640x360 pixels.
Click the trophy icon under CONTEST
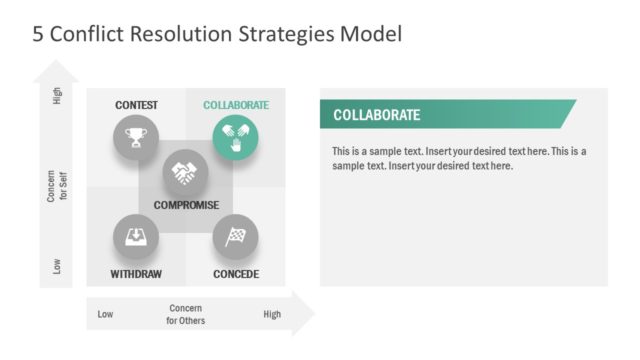tap(136, 136)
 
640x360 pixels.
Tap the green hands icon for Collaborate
tap(235, 136)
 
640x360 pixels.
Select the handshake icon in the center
tap(185, 173)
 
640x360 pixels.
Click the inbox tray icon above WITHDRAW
tap(136, 238)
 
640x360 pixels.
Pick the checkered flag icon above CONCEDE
tap(235, 238)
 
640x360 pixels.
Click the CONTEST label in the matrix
tap(136, 105)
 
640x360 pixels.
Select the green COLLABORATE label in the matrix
tap(236, 105)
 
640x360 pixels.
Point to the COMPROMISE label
tap(186, 205)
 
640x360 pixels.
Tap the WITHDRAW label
tap(136, 274)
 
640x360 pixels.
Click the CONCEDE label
tap(236, 274)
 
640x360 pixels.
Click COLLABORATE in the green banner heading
tap(376, 115)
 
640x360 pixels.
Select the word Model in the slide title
tap(367, 35)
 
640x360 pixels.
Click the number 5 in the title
tap(38, 35)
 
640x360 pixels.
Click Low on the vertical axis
tap(57, 266)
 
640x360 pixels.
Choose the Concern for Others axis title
tap(186, 314)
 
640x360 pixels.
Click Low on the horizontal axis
tap(105, 315)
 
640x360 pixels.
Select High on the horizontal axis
tap(272, 315)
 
